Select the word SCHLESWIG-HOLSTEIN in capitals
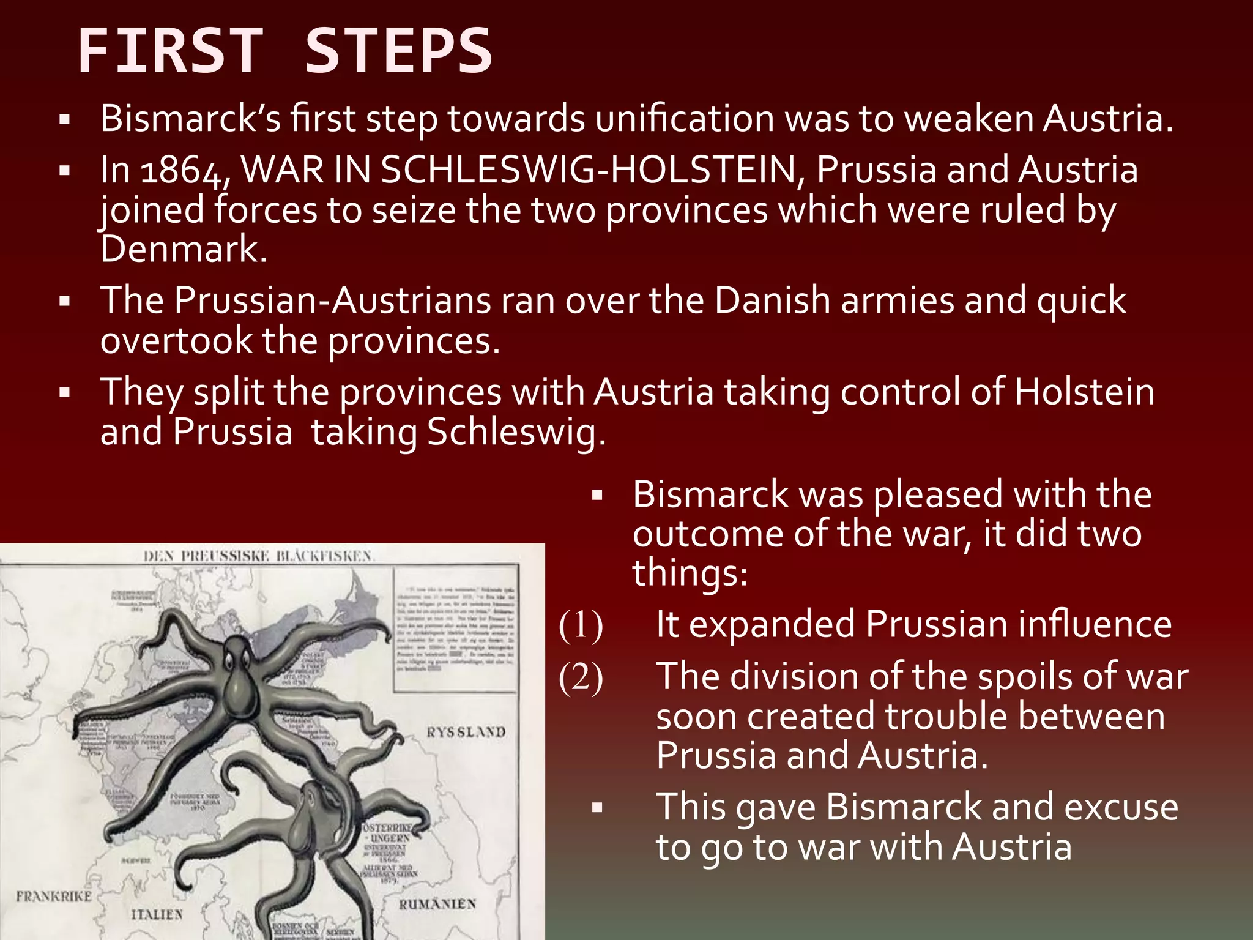[588, 170]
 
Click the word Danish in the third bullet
[772, 300]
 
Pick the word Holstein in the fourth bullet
[1084, 392]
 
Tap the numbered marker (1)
[581, 625]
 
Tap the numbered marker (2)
[581, 677]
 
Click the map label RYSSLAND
[466, 732]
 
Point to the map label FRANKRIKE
[54, 897]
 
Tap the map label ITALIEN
[157, 914]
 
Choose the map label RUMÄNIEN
[437, 904]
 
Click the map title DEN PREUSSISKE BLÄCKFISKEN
[258, 556]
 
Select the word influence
[1095, 625]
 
